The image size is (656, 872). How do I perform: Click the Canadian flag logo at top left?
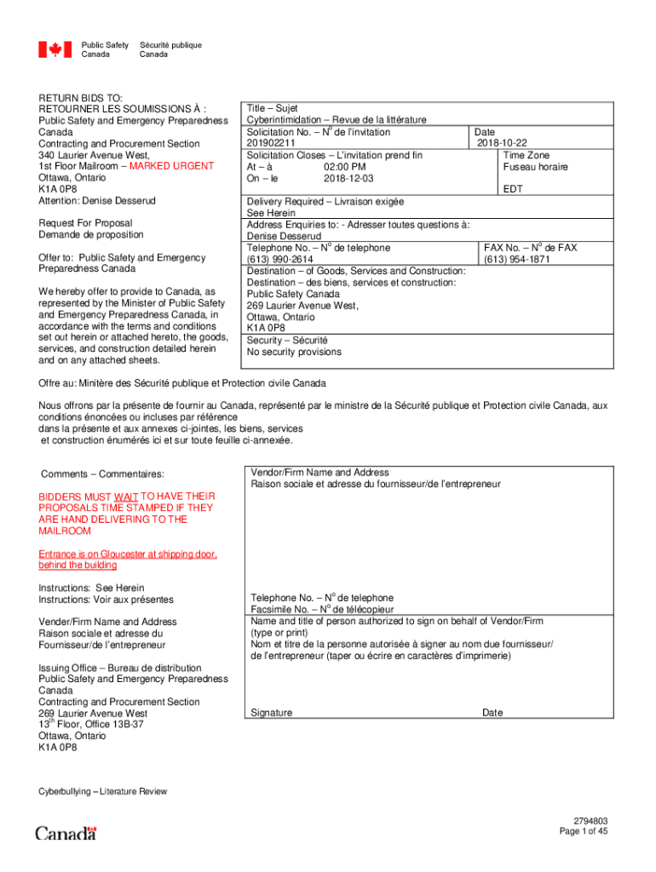coord(55,50)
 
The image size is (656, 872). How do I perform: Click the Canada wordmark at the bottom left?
coord(66,832)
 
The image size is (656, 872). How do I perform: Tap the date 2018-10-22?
coord(502,144)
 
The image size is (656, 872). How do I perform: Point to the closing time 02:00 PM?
coord(345,167)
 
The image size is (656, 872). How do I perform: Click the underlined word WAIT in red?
coord(127,496)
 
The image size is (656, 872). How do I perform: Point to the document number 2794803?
coord(590,821)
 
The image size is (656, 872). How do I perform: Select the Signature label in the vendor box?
coord(272,713)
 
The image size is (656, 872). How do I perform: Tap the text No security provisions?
coord(294,352)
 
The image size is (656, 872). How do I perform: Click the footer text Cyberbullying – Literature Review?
coord(103,791)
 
